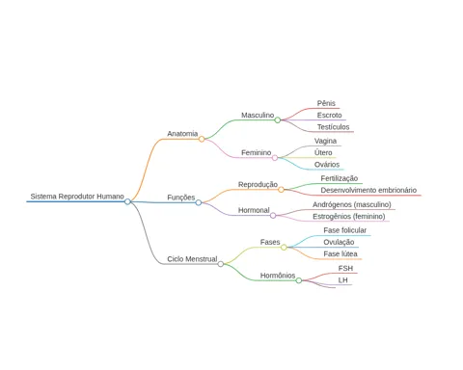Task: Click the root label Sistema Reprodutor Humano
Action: pos(77,197)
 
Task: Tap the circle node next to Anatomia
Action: pos(202,139)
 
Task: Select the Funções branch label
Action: pos(181,198)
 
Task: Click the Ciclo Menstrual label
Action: pos(192,259)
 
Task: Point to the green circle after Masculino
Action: pos(278,120)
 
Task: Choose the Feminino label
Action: pos(257,152)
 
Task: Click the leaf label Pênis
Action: pos(326,103)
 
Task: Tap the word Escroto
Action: pos(329,115)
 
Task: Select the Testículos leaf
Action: pos(333,127)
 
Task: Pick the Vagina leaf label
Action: pos(325,141)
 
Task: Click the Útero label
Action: pos(323,152)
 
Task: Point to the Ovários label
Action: pos(327,165)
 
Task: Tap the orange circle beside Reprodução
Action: pos(281,190)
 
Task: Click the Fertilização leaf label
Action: pos(340,178)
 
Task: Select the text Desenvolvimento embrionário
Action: pos(368,190)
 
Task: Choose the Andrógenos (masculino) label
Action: pos(352,204)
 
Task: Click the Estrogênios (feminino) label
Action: pos(349,217)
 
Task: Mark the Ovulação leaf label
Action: pos(339,242)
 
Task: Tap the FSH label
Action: pos(345,268)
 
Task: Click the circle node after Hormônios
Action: pos(299,280)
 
